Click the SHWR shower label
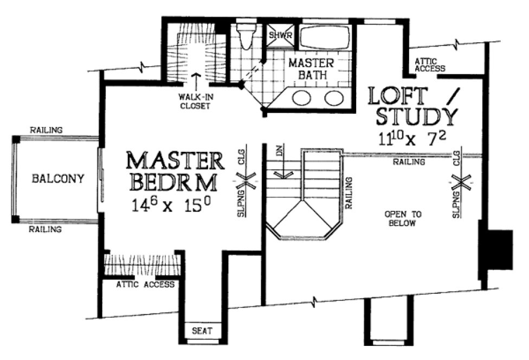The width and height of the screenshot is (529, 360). (281, 35)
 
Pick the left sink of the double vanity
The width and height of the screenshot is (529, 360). (301, 98)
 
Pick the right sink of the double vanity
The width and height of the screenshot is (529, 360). (333, 98)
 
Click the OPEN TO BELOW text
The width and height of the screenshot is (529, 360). (400, 218)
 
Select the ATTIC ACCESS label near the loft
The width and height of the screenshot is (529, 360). (429, 65)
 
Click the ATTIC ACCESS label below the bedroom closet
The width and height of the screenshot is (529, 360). (146, 284)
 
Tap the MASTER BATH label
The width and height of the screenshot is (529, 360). (311, 69)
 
